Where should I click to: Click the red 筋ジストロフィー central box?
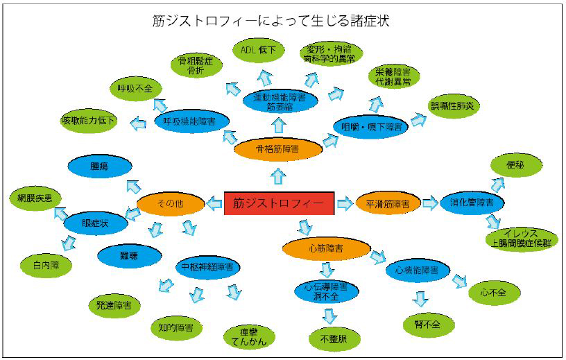pos(279,203)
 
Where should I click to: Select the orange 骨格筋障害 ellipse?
pos(278,148)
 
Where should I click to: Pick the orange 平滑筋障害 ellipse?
pos(388,204)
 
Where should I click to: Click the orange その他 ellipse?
pos(170,204)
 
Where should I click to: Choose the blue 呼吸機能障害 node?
pos(189,121)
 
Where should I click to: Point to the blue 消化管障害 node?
pos(472,203)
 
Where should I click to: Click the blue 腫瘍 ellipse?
pos(100,166)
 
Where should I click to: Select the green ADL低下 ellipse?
pos(257,51)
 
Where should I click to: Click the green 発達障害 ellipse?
pos(114,305)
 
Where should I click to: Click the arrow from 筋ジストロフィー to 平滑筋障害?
pos(345,204)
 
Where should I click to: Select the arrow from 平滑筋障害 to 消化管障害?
pos(430,204)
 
